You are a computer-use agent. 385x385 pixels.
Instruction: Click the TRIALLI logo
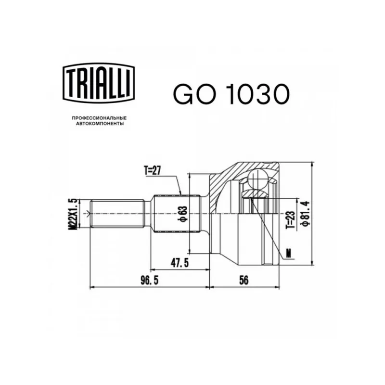[x=99, y=83]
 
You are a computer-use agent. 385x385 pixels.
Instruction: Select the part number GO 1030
[x=231, y=94]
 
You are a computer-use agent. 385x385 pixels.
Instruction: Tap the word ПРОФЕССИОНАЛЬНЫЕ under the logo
[x=99, y=118]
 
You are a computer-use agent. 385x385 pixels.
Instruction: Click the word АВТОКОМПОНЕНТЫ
[x=100, y=124]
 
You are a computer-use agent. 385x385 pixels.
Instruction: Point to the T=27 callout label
[x=153, y=170]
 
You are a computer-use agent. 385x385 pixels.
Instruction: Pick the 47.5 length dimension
[x=180, y=263]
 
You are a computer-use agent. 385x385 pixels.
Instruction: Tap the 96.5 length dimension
[x=150, y=281]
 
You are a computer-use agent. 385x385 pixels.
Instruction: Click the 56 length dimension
[x=244, y=280]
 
